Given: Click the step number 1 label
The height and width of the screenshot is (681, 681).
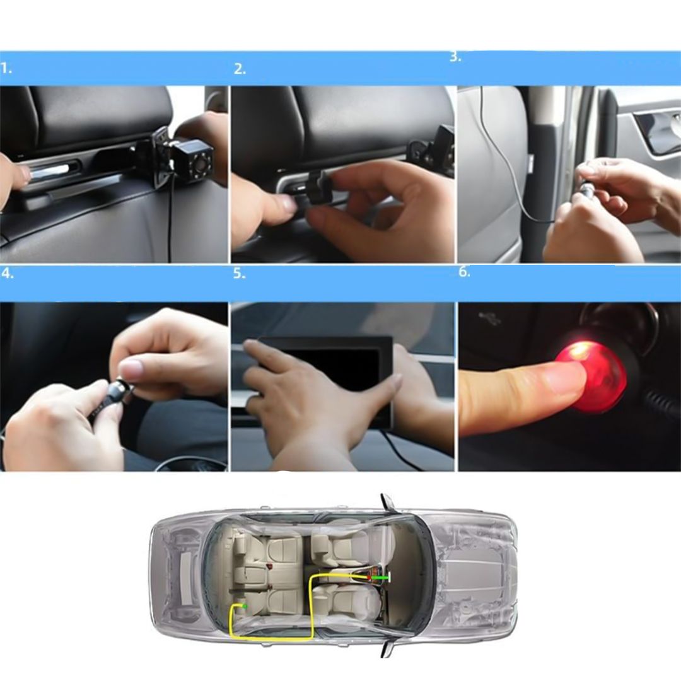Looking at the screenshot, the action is pyautogui.click(x=6, y=69).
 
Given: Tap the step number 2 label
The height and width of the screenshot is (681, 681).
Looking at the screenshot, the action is pyautogui.click(x=240, y=69).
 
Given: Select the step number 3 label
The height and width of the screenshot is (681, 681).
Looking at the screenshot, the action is pyautogui.click(x=455, y=57).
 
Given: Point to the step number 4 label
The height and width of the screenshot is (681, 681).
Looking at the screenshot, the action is pyautogui.click(x=8, y=274).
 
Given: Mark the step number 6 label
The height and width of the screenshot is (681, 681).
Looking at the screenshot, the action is pyautogui.click(x=464, y=272).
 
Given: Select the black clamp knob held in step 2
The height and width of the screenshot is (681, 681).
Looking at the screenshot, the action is pyautogui.click(x=319, y=190).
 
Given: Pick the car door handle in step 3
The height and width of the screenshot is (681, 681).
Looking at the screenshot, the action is pyautogui.click(x=656, y=131).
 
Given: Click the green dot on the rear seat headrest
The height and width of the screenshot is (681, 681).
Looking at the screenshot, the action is pyautogui.click(x=245, y=606).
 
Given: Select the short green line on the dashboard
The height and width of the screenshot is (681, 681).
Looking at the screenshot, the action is pyautogui.click(x=380, y=578).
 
